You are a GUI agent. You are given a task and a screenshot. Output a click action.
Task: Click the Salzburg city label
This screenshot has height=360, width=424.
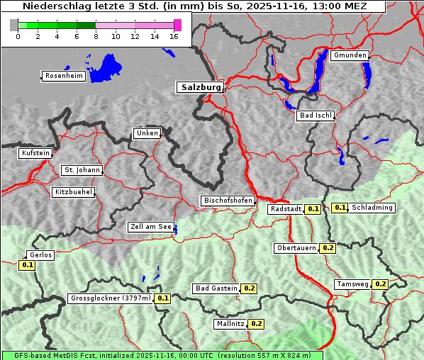(x=199, y=87)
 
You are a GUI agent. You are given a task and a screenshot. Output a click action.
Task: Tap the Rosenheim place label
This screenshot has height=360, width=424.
(x=63, y=76)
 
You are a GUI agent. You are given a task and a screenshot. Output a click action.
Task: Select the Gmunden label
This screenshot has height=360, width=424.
(x=350, y=55)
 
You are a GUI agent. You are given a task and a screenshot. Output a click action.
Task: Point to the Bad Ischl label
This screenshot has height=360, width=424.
(x=314, y=116)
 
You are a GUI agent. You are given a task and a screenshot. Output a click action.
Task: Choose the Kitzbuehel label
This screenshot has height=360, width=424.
(x=72, y=192)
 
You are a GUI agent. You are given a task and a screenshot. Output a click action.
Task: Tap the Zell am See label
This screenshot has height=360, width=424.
(x=151, y=227)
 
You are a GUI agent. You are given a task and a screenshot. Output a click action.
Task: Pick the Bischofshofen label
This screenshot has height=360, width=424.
(x=228, y=201)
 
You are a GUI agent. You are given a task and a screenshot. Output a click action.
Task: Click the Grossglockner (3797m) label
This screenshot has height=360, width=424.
(x=111, y=298)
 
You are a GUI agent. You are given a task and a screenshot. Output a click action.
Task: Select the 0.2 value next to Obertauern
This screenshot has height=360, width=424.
(x=328, y=248)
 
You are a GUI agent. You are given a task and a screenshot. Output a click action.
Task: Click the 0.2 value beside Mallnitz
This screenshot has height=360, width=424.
(x=256, y=324)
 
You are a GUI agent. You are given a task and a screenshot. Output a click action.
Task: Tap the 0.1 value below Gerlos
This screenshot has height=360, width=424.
(x=28, y=265)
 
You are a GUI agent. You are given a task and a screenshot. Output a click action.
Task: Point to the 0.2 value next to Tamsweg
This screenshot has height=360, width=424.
(x=380, y=284)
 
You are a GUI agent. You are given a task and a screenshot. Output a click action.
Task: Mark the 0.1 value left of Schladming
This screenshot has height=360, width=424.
(x=340, y=208)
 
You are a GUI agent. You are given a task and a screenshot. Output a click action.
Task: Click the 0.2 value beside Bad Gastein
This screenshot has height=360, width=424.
(x=249, y=288)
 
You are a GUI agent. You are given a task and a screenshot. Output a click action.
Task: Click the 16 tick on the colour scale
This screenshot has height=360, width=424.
(x=174, y=36)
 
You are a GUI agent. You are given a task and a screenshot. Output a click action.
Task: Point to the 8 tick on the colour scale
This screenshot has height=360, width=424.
(x=96, y=36)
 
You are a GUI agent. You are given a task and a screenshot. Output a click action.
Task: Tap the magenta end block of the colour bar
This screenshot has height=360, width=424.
(x=177, y=25)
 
